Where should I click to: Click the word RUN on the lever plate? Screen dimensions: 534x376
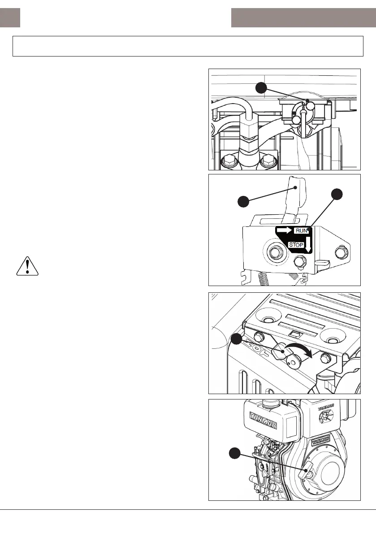pyautogui.click(x=302, y=230)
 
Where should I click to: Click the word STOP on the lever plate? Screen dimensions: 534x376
pyautogui.click(x=296, y=245)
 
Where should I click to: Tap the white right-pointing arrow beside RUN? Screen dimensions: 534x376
pyautogui.click(x=284, y=230)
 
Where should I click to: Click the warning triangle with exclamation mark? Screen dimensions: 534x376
pyautogui.click(x=27, y=266)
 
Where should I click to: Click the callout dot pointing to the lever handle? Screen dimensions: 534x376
pyautogui.click(x=243, y=202)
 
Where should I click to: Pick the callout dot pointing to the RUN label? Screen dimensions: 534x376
pyautogui.click(x=337, y=194)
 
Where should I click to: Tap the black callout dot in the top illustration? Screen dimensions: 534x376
pyautogui.click(x=262, y=87)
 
